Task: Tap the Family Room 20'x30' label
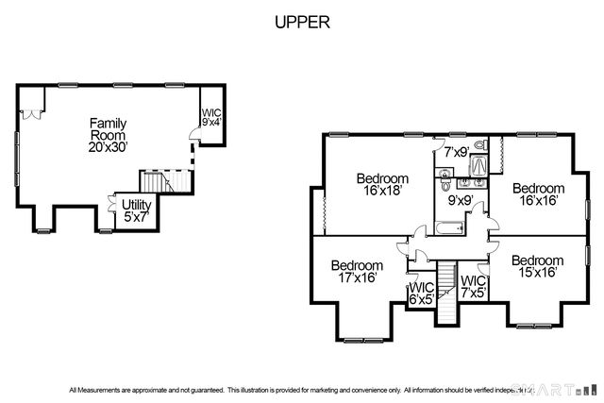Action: click(108, 136)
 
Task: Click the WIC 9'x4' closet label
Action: click(211, 118)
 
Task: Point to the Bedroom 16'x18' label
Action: click(382, 185)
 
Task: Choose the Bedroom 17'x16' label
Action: click(357, 272)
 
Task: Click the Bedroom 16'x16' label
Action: click(538, 194)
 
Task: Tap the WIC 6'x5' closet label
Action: click(420, 294)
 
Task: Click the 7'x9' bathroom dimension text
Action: click(457, 151)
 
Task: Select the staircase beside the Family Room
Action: click(154, 181)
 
